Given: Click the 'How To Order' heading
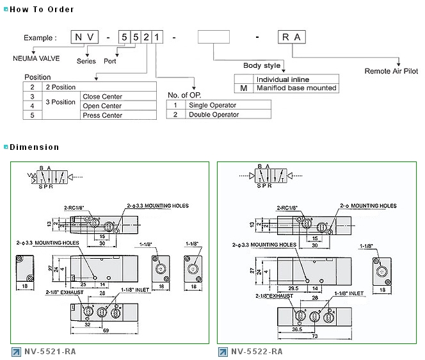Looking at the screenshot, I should (x=42, y=10).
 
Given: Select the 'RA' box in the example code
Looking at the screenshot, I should (x=291, y=38).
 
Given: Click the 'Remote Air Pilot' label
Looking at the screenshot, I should (x=390, y=71).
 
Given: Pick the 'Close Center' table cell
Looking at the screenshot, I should (x=102, y=96).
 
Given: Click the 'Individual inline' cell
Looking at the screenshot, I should (x=283, y=79).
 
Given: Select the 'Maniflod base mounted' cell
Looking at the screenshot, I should (x=296, y=88).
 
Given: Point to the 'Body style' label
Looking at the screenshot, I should (x=262, y=65).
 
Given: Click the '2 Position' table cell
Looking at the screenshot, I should (x=60, y=86).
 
